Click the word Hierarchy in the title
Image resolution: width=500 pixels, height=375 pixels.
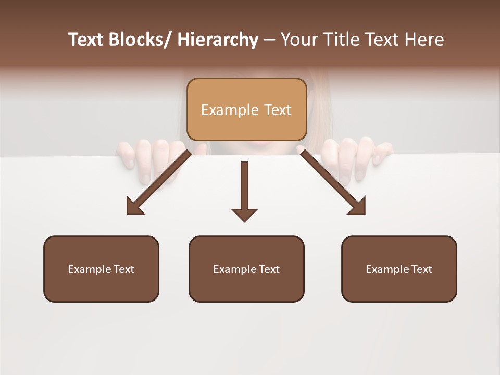click(x=218, y=40)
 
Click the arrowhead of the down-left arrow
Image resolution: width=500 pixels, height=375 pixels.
click(x=135, y=206)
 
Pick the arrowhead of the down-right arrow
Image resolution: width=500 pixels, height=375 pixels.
click(x=357, y=206)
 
